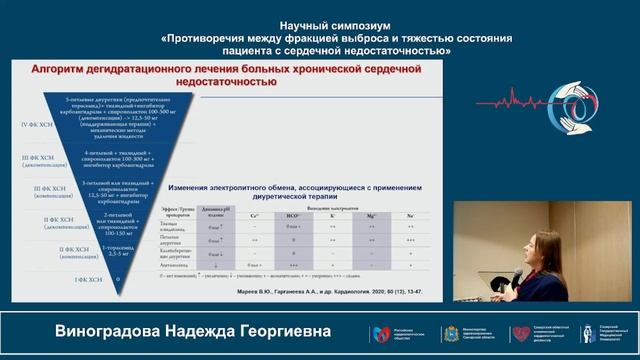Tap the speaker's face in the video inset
[547, 246]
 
